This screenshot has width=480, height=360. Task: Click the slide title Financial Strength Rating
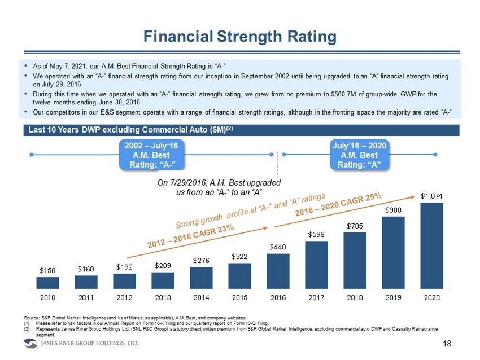(x=239, y=37)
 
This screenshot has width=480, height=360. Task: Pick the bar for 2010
(x=47, y=282)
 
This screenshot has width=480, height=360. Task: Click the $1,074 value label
(x=431, y=196)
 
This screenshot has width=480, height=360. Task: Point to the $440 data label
(x=278, y=247)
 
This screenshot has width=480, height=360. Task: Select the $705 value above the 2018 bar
(x=355, y=226)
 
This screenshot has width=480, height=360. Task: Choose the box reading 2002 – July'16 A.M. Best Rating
(x=152, y=155)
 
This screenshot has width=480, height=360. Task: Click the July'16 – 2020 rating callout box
(x=360, y=155)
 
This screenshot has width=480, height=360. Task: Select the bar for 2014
(x=201, y=277)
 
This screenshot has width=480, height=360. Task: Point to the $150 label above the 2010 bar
(x=47, y=270)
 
